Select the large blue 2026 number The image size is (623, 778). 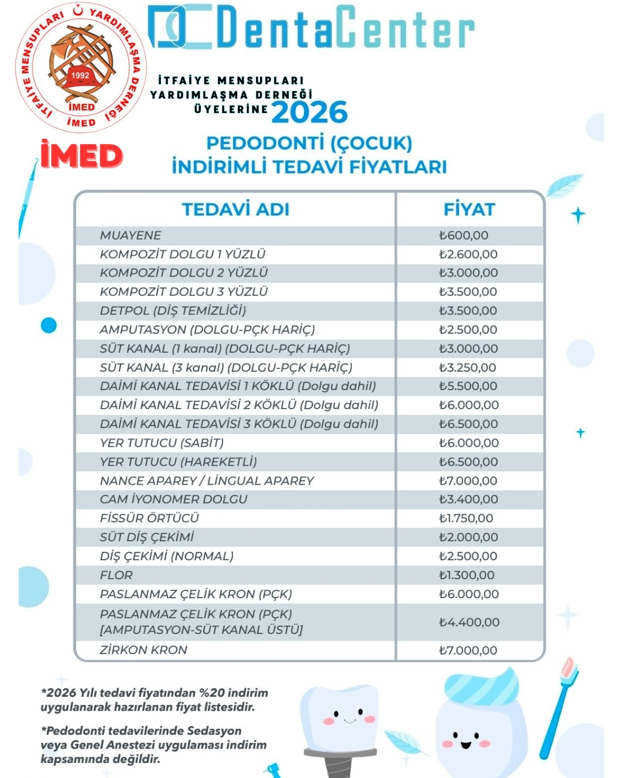pos(310,112)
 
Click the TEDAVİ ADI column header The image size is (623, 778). pos(235,209)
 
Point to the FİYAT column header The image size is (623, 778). pos(469,209)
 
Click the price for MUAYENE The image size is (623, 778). pos(463,235)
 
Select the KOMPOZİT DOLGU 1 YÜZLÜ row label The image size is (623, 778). pos(182,254)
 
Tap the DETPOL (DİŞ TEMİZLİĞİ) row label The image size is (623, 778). pos(172,311)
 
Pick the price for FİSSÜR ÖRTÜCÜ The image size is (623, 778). pos(466,518)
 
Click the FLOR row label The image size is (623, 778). pos(116,575)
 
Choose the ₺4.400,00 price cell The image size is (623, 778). pos(468,622)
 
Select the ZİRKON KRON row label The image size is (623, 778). pos(143,650)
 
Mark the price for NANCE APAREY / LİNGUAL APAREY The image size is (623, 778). pos(468,481)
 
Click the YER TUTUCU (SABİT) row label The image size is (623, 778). pos(162,443)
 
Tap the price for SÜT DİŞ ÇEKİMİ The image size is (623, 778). pos(468,537)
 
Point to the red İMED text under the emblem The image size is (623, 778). pos(81,156)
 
